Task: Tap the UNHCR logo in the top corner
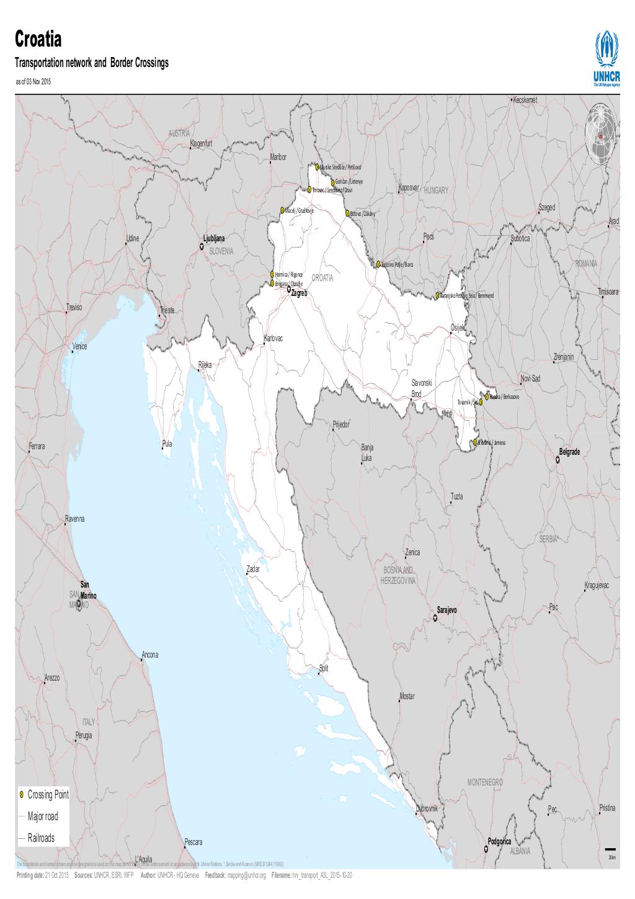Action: (x=606, y=59)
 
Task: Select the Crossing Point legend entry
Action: (x=48, y=794)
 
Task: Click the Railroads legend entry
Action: (x=40, y=838)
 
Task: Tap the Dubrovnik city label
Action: (x=427, y=808)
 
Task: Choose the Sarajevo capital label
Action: (x=446, y=611)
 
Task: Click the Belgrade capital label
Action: (x=569, y=452)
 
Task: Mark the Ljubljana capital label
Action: (x=214, y=238)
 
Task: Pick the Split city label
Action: (x=323, y=668)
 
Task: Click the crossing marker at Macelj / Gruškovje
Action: (x=282, y=210)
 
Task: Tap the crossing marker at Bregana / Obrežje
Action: (x=272, y=283)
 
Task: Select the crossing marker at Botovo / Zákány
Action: (x=348, y=213)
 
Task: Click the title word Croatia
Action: (x=38, y=42)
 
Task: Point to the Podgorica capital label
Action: (x=499, y=842)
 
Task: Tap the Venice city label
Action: (x=80, y=346)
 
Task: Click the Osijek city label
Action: (x=458, y=328)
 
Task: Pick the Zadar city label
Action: (x=253, y=568)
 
